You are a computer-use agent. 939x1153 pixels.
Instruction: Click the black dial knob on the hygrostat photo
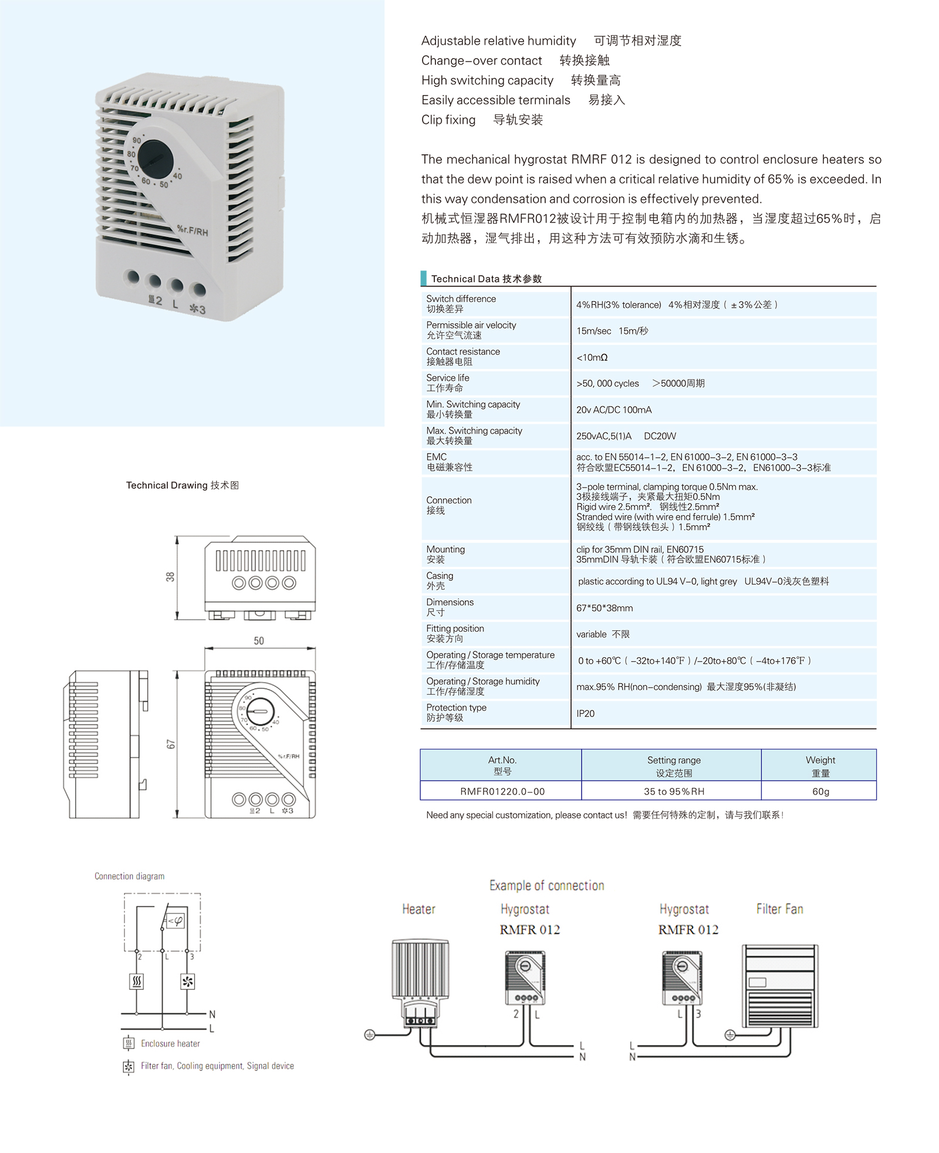pos(156,159)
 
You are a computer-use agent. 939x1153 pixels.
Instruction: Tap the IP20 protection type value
pos(585,714)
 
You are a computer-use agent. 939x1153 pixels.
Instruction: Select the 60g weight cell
pos(820,792)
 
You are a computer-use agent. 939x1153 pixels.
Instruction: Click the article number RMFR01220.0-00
pos(502,792)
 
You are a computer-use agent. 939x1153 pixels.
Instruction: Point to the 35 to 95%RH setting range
pos(674,792)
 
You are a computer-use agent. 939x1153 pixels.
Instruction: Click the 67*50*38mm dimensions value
pos(604,608)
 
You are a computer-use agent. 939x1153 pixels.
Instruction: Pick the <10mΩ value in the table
pos(592,357)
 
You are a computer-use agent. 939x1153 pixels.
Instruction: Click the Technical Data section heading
pos(486,279)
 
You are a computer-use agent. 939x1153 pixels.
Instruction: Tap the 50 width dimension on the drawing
pos(259,641)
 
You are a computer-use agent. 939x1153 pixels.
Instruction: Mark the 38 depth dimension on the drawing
pos(170,577)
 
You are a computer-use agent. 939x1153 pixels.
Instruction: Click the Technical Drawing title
pos(182,485)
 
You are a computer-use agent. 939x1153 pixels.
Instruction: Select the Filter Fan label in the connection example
pos(779,909)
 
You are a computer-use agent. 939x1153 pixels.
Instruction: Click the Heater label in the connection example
pos(418,909)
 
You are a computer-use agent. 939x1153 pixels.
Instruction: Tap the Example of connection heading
pos(546,885)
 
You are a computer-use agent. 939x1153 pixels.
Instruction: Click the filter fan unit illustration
pos(780,986)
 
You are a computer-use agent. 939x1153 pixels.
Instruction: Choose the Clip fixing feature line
pos(482,120)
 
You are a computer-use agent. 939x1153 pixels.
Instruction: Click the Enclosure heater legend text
pos(170,1043)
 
